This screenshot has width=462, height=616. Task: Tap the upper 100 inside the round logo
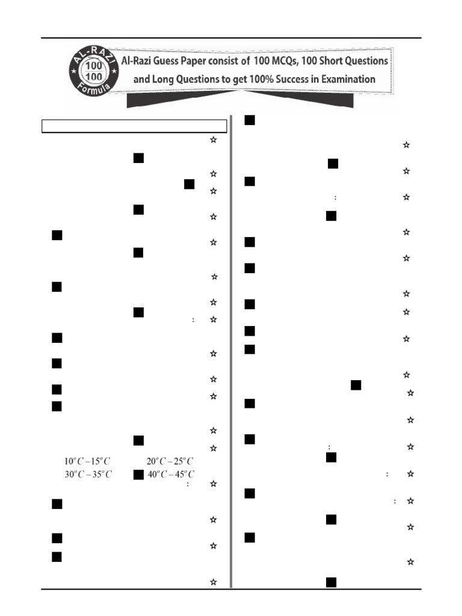[x=93, y=66]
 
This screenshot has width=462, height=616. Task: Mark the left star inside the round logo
[x=73, y=71]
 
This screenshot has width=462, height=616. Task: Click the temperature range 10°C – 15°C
[x=87, y=461]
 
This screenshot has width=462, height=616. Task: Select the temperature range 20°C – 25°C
[x=170, y=461]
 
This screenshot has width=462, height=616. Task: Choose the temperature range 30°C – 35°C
[x=88, y=475]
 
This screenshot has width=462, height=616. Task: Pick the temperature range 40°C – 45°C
[x=171, y=475]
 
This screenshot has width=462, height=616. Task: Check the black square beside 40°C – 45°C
[x=139, y=475]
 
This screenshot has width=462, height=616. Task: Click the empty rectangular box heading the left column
[x=134, y=126]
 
